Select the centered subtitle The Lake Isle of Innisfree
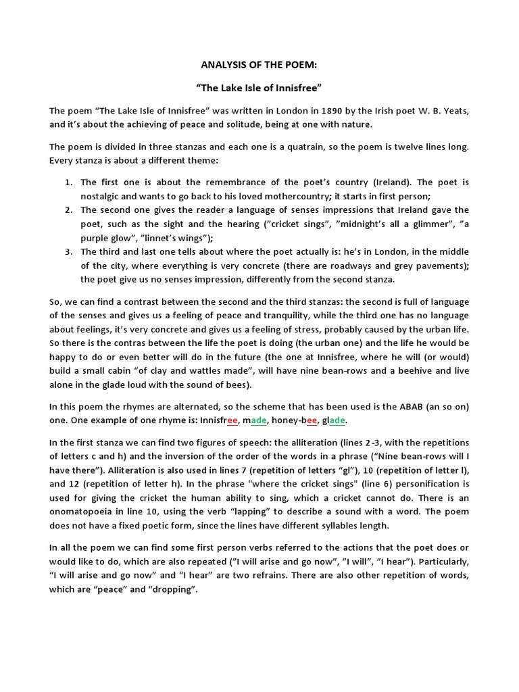[x=259, y=88]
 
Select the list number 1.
[x=68, y=183]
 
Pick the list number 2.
[x=68, y=210]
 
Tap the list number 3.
[x=68, y=252]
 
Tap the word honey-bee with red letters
[x=295, y=420]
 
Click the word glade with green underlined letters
[x=335, y=420]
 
